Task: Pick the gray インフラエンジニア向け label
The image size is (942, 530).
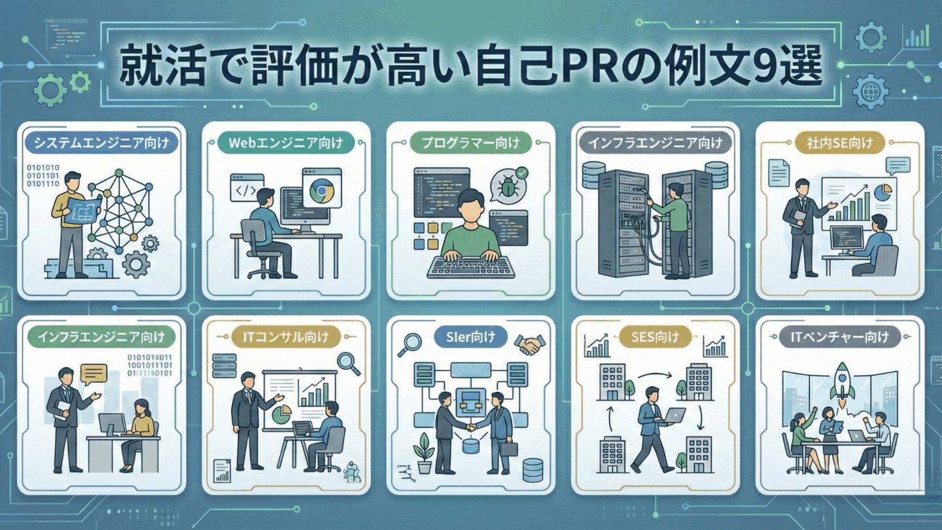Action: (x=655, y=142)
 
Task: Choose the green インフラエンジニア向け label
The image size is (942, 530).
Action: (x=101, y=337)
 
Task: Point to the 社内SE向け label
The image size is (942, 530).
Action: (x=840, y=142)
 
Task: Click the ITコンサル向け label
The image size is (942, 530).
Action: (x=287, y=337)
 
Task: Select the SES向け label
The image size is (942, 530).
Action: (x=655, y=338)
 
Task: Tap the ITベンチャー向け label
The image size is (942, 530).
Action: (x=840, y=337)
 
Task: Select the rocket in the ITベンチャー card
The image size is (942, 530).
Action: (x=842, y=381)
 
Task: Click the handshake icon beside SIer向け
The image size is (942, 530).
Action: (x=529, y=344)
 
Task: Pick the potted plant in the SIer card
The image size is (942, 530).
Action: (x=424, y=452)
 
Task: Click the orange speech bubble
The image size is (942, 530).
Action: (x=94, y=374)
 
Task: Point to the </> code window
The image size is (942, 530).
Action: (x=246, y=188)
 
